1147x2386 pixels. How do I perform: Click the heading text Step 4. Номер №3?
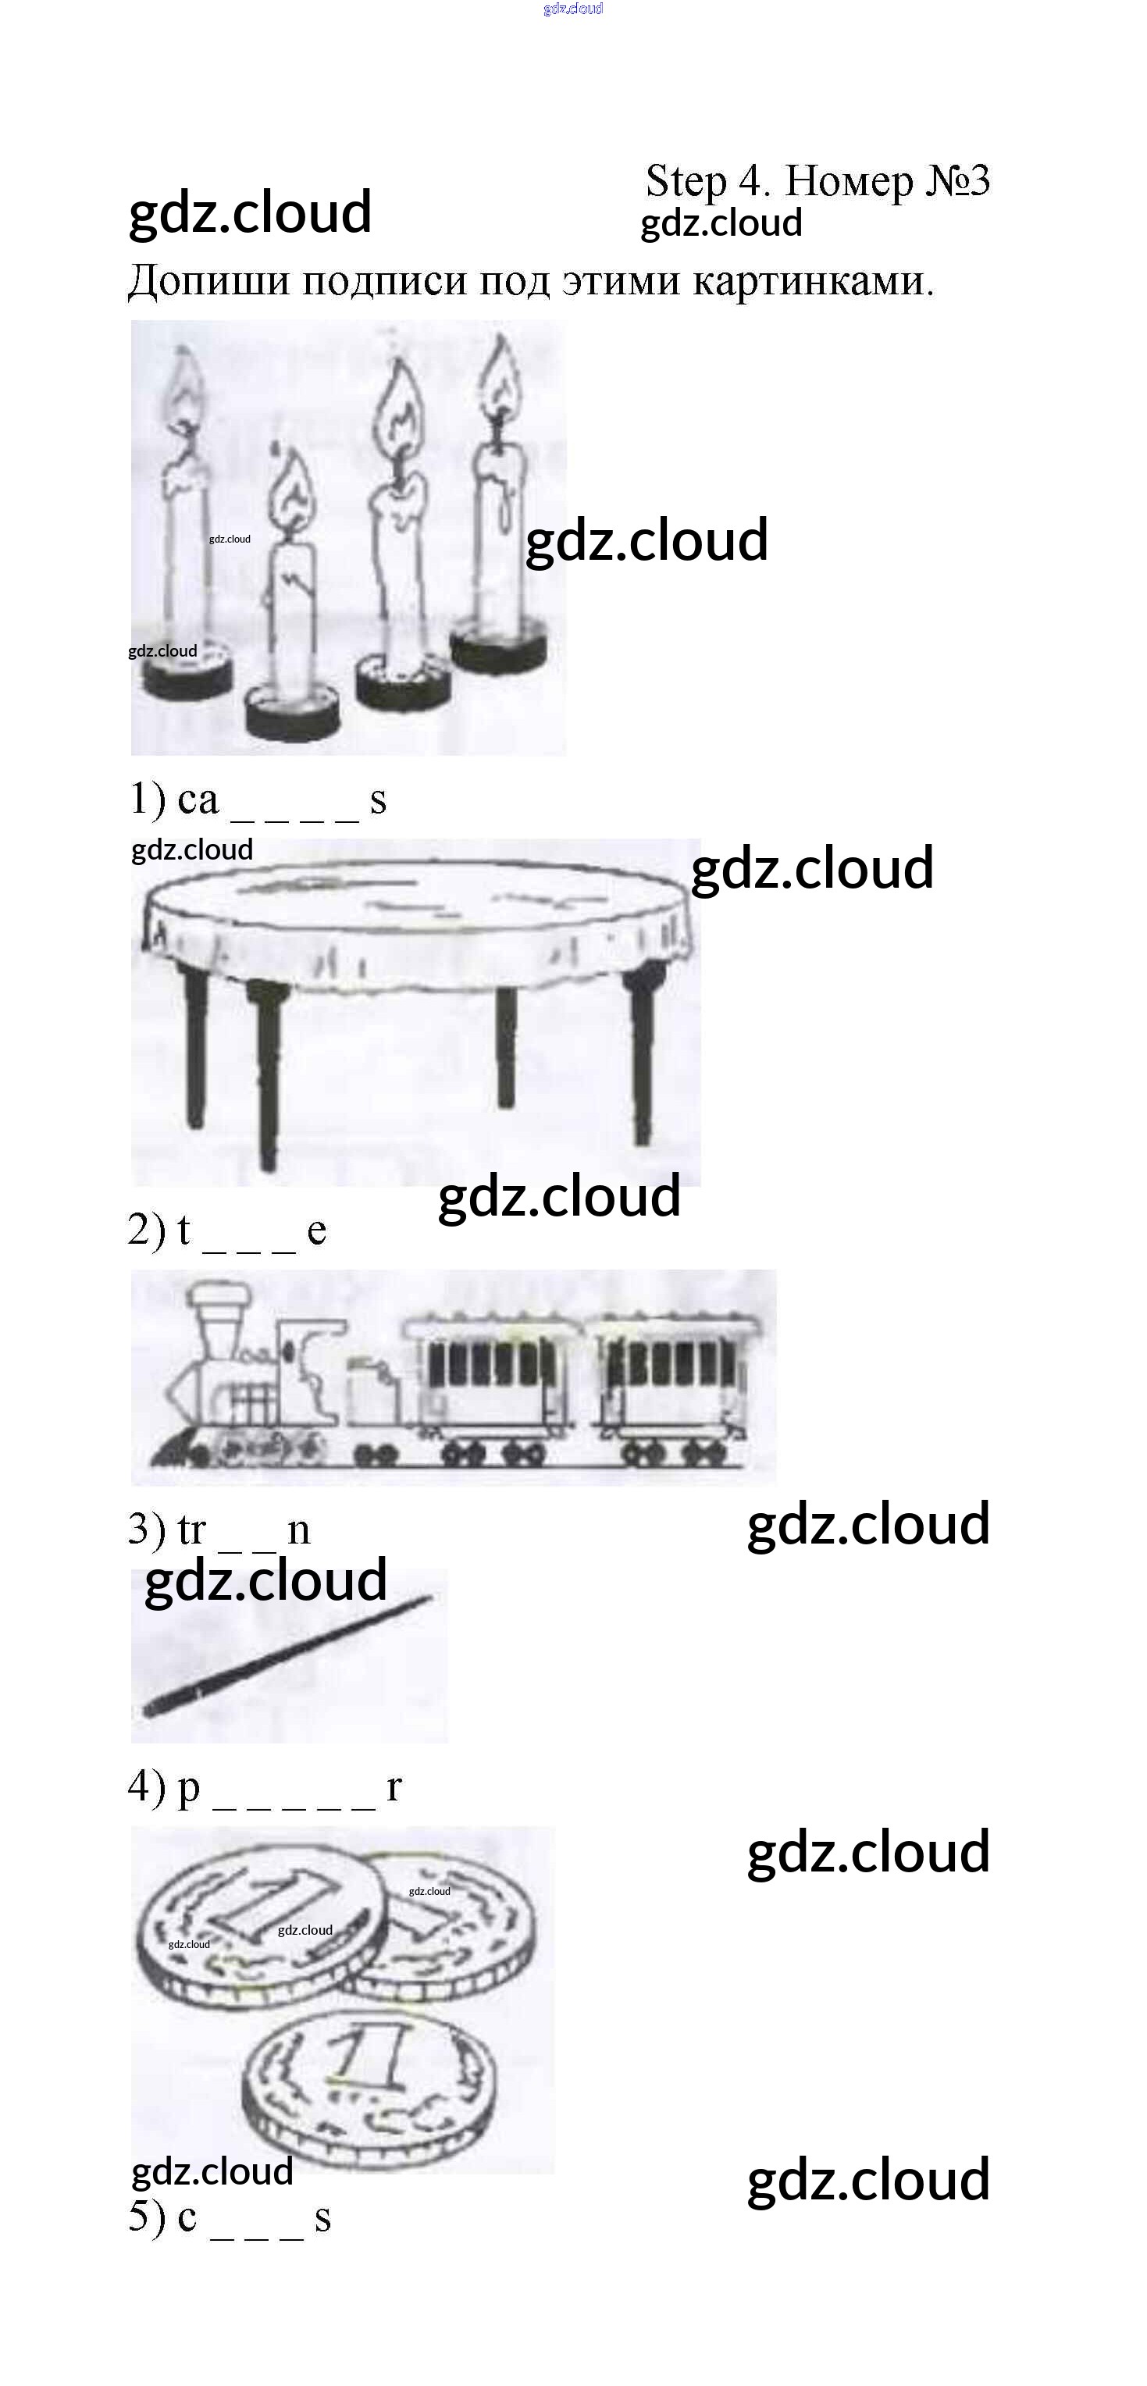tap(818, 180)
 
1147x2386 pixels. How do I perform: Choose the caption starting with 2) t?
tap(227, 1230)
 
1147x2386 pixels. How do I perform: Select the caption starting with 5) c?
tap(230, 2217)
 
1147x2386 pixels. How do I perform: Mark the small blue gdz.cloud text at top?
tap(573, 9)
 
